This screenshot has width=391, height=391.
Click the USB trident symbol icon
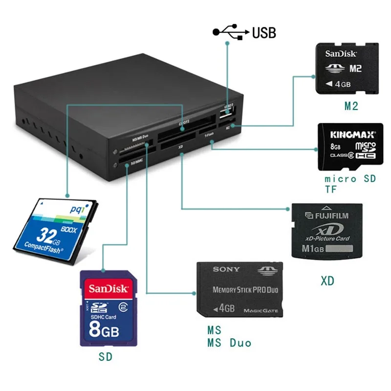point(230,33)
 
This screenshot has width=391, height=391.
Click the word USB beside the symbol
point(264,33)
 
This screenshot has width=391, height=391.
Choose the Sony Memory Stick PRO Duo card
point(239,290)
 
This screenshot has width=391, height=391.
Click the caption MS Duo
point(229,343)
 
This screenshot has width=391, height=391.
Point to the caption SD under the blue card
point(105,357)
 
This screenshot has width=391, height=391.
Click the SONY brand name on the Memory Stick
point(226,269)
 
